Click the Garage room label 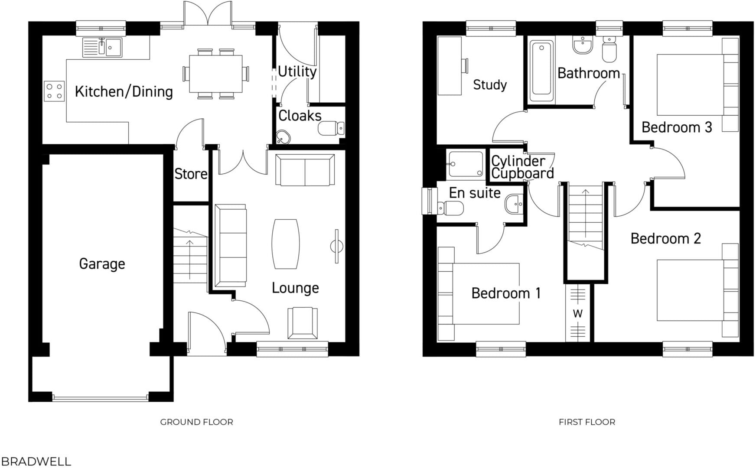[x=102, y=263]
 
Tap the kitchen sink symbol [x=103, y=47]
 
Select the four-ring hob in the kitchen [x=54, y=91]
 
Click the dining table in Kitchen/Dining [x=215, y=73]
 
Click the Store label [x=191, y=174]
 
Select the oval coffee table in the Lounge [x=285, y=244]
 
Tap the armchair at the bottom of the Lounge [x=302, y=322]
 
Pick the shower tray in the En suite [x=466, y=164]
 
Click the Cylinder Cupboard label [x=521, y=167]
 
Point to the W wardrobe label [x=578, y=313]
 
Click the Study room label [x=490, y=84]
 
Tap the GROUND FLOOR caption [x=196, y=422]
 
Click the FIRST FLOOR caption [x=587, y=422]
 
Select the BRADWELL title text [x=36, y=461]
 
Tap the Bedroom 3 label [x=676, y=127]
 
